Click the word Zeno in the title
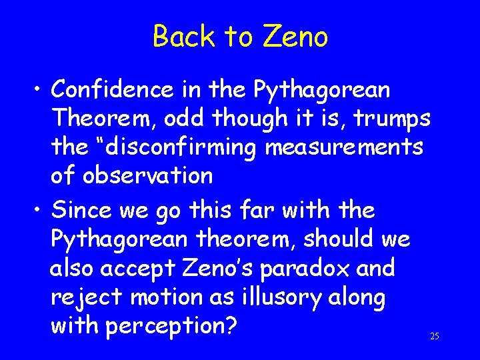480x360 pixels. (x=296, y=37)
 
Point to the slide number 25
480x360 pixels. (x=435, y=336)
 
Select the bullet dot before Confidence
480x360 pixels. (x=39, y=89)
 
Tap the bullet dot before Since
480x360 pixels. (x=39, y=211)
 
